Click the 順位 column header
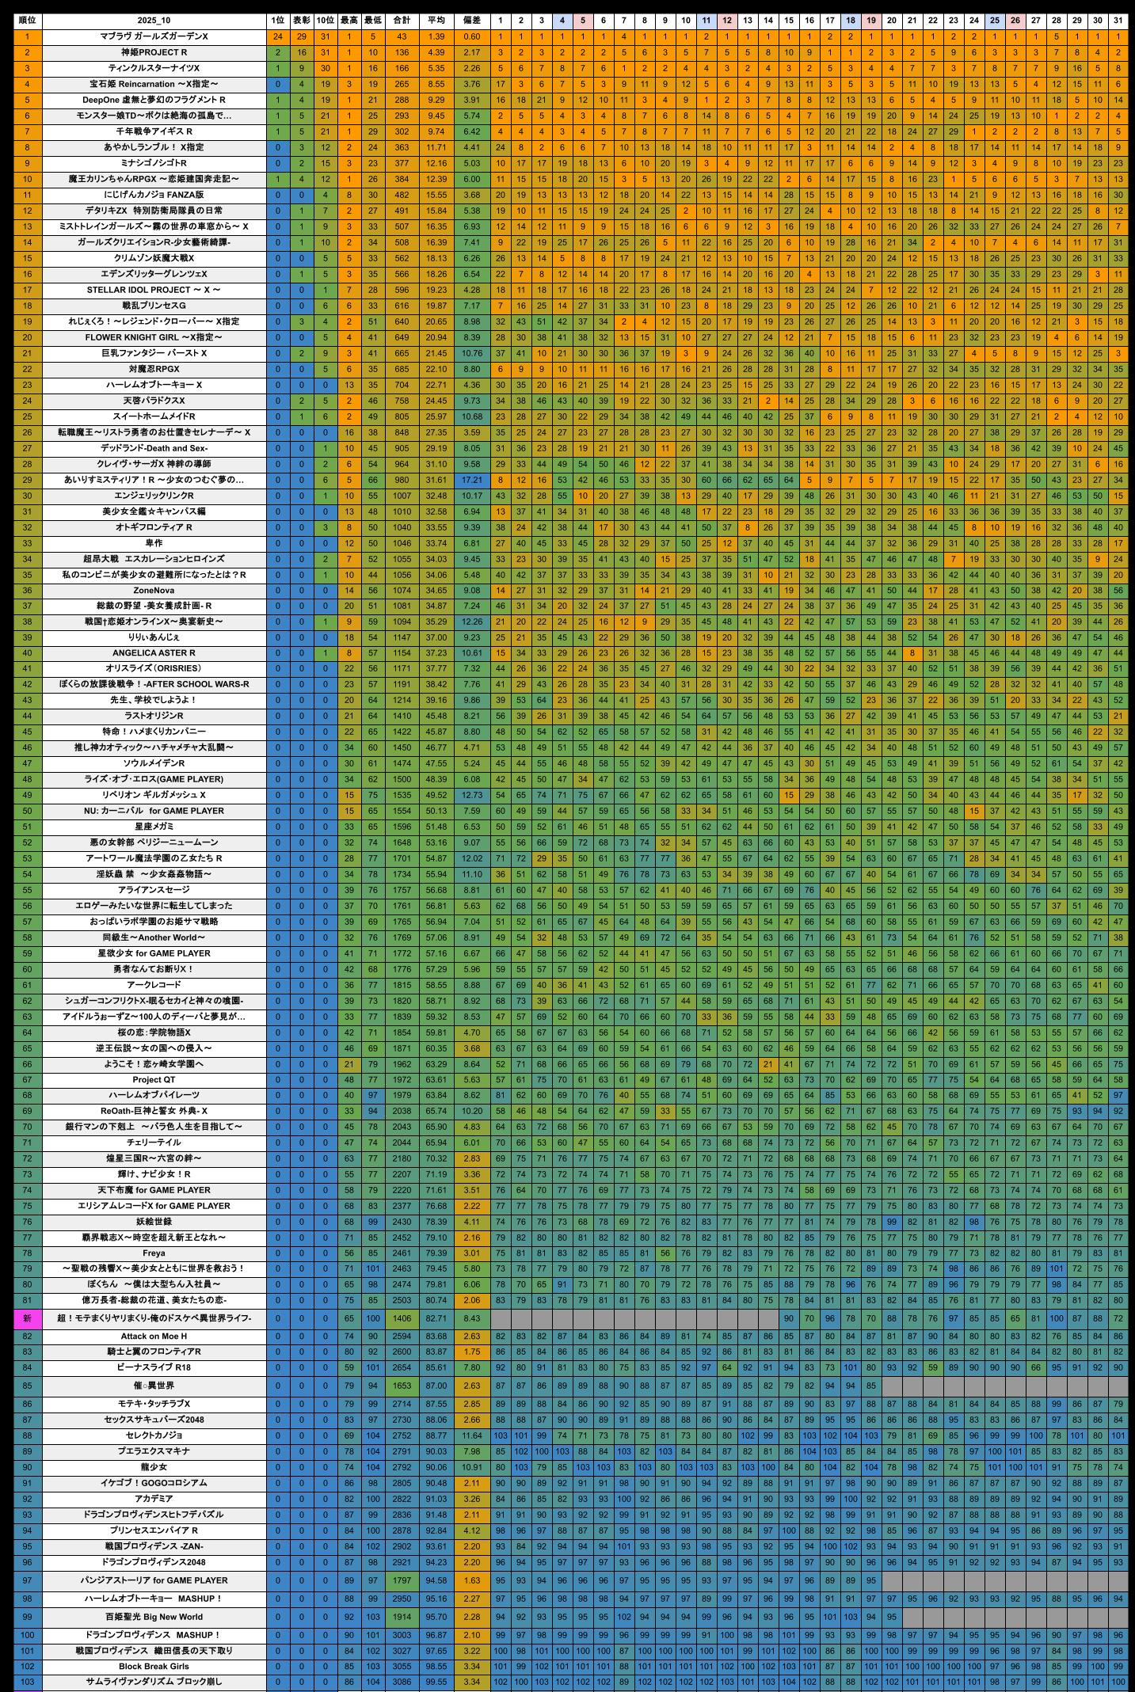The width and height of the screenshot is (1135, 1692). coord(27,21)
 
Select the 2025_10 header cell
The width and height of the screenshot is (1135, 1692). coord(154,21)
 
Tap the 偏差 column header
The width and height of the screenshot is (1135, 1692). coord(471,21)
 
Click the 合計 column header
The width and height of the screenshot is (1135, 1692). coord(402,21)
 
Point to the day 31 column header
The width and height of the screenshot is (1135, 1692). coord(1118,21)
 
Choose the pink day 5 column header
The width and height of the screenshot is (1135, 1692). coord(582,21)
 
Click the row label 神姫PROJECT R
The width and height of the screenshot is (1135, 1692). coord(154,52)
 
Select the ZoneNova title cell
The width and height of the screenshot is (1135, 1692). coord(154,590)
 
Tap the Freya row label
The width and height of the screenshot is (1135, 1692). coord(154,1253)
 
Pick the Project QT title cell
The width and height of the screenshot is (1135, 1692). coord(154,1079)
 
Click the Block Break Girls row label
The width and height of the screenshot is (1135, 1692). coord(154,1666)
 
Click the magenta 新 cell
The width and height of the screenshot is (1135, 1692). coord(27,1318)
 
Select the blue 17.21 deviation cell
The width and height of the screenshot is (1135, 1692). coord(471,480)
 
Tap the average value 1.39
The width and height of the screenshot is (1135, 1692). coord(436,36)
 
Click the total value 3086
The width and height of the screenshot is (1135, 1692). coord(402,1682)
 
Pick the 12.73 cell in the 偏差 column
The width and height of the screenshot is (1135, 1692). coord(471,795)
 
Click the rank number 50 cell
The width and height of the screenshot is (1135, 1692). coord(27,811)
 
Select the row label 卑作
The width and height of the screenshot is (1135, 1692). coord(154,543)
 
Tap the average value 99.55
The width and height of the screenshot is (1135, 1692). coord(436,1682)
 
